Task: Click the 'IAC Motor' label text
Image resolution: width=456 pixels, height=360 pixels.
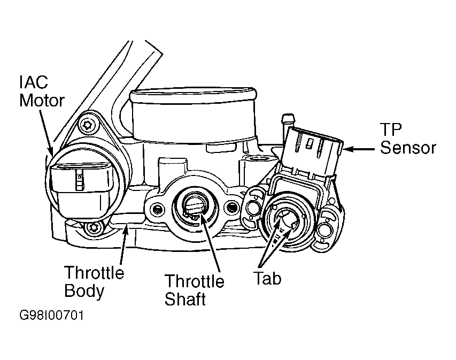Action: coord(42,91)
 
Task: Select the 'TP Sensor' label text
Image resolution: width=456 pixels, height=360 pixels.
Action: coord(408,139)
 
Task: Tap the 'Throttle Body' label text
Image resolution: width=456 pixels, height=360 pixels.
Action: coord(94,281)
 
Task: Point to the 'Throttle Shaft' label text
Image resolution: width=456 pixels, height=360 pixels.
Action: coord(194,290)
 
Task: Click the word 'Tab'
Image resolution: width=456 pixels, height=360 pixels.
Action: coord(267,278)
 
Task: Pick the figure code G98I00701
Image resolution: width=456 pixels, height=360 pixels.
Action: coord(51,316)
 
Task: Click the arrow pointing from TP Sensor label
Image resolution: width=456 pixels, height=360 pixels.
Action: coord(359,149)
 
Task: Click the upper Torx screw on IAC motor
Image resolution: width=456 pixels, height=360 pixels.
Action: coord(88,125)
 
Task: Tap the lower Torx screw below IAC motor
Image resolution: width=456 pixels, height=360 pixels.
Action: coord(94,227)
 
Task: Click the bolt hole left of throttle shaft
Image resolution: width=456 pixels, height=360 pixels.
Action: coord(157,209)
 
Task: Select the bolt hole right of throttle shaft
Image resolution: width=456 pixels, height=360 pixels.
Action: coord(231,207)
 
